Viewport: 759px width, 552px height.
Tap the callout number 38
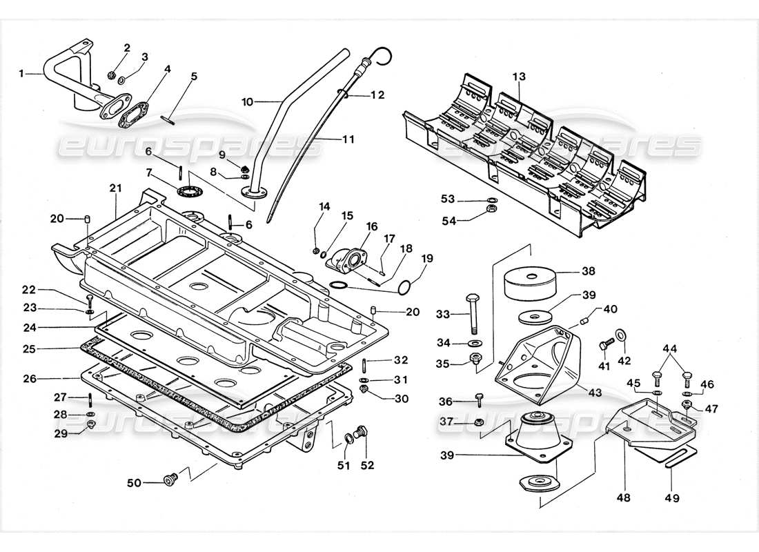click(588, 271)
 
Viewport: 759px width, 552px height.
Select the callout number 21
click(115, 188)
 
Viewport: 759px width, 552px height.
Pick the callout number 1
click(21, 72)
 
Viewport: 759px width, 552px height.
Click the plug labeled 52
click(366, 434)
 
